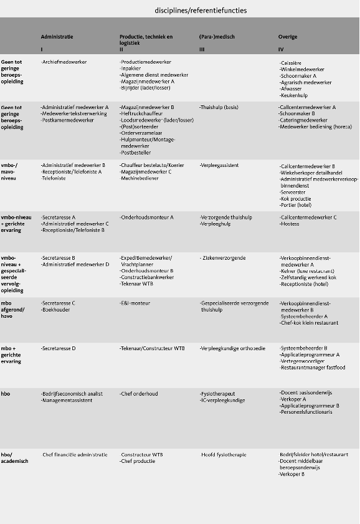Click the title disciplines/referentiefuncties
pos(201,11)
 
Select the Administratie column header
pos(57,37)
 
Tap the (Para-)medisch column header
pos(217,37)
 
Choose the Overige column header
pos(288,37)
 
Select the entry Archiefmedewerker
pos(64,62)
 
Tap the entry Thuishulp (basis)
pos(222,107)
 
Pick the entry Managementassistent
pos(67,400)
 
